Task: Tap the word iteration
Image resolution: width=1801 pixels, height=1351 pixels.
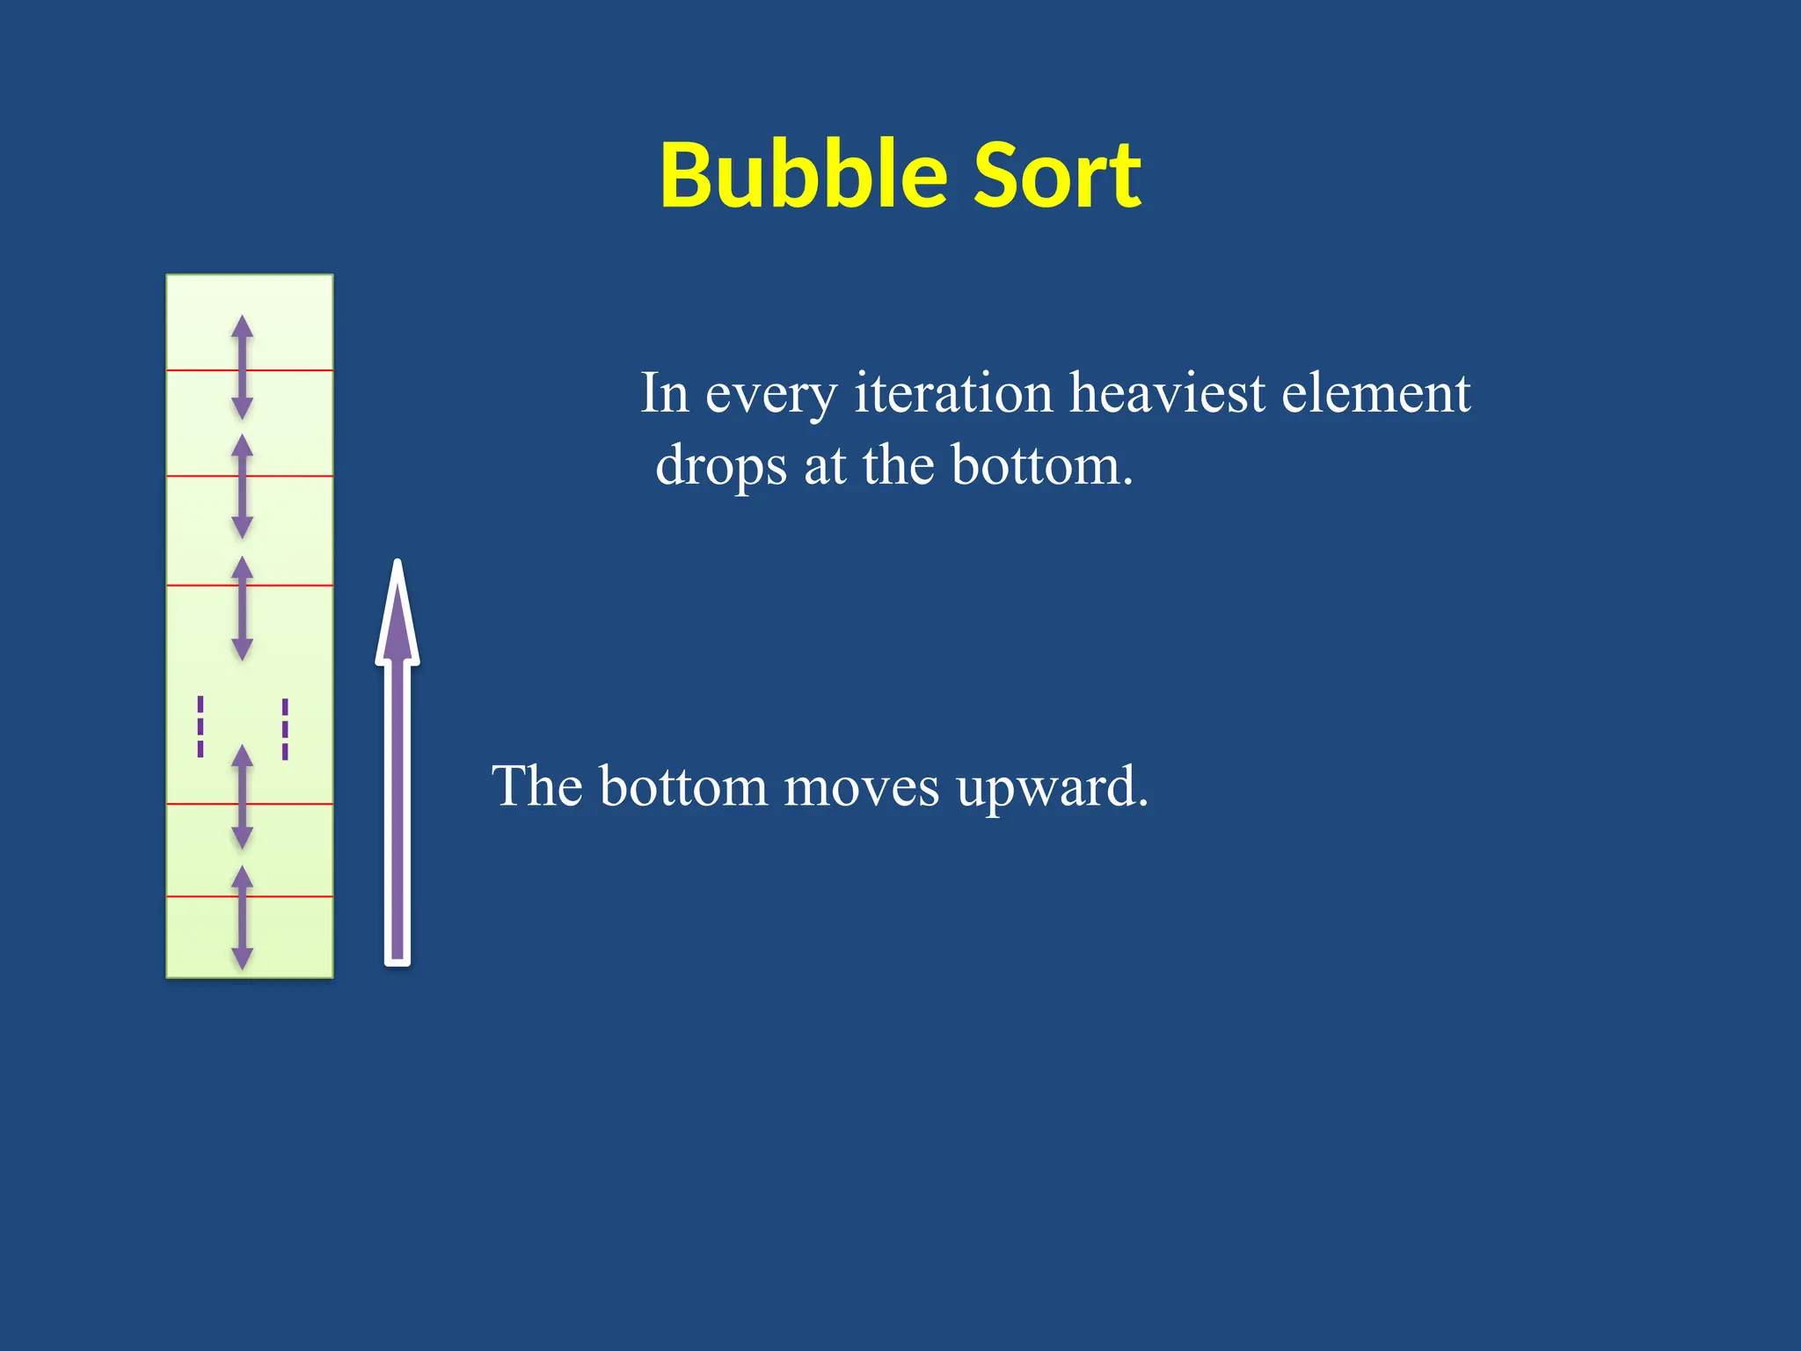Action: click(x=953, y=393)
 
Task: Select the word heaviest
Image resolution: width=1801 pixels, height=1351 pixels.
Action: click(x=1166, y=393)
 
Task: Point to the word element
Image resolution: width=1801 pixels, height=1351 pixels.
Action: click(x=1375, y=393)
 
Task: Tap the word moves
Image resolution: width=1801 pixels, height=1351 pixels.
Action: click(x=861, y=788)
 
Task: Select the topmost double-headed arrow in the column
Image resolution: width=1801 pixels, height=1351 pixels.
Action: click(x=243, y=367)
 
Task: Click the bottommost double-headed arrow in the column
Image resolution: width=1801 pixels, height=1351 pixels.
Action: click(x=243, y=917)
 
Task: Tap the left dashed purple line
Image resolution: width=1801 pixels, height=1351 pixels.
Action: click(x=201, y=727)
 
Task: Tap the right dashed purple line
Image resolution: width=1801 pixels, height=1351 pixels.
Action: click(x=285, y=729)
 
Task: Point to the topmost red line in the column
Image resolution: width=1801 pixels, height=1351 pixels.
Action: click(x=290, y=370)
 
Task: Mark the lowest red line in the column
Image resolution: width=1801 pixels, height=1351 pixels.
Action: click(x=290, y=896)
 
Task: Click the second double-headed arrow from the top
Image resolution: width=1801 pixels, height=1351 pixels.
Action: click(x=243, y=486)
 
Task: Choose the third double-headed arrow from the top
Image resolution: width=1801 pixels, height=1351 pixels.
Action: click(x=243, y=608)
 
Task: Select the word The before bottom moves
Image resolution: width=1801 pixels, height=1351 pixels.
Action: click(x=536, y=786)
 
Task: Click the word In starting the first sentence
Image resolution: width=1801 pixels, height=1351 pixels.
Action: click(x=664, y=393)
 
